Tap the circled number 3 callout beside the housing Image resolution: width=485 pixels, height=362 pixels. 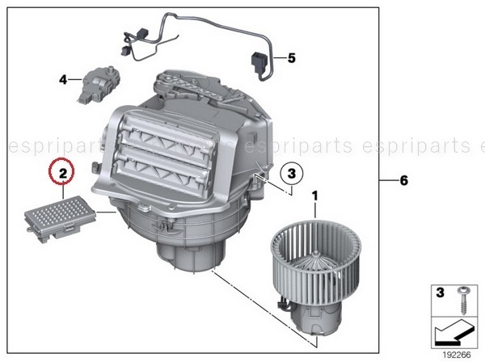[x=292, y=173]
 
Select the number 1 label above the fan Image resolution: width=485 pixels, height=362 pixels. [x=315, y=196]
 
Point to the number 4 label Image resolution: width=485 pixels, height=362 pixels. [x=63, y=80]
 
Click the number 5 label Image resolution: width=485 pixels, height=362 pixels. [x=292, y=58]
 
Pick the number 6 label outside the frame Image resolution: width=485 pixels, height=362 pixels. [x=404, y=180]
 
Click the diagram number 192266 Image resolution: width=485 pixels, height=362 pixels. [x=456, y=355]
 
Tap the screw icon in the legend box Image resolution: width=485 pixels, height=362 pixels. [x=462, y=300]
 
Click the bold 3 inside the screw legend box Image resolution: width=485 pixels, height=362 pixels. [x=441, y=293]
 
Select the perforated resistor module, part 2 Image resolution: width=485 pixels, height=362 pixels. [x=60, y=218]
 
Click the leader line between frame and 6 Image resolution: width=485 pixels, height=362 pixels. [x=389, y=179]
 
